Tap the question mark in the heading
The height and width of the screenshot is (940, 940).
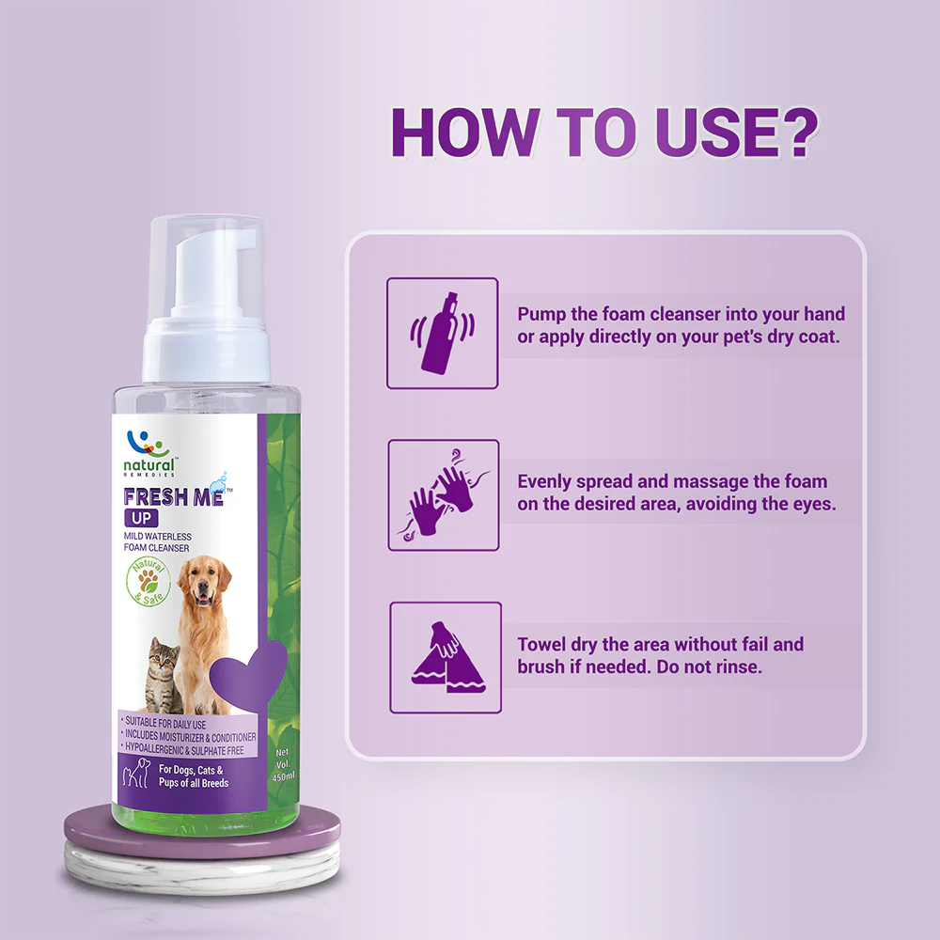click(x=795, y=133)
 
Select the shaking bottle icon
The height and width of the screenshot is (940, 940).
click(x=443, y=334)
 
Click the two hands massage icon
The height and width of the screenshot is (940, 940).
click(x=444, y=495)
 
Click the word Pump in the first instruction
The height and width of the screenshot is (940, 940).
click(x=541, y=315)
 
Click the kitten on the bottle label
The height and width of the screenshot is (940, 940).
click(x=162, y=674)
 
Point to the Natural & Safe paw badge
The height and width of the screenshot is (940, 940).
click(x=149, y=581)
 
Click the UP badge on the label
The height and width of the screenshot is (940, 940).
click(x=142, y=518)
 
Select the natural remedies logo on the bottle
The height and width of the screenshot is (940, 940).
click(x=149, y=454)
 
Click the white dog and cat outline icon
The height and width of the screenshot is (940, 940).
click(x=136, y=774)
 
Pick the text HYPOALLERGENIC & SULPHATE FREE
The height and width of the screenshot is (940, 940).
click(x=184, y=749)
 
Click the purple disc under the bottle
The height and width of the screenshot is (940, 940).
click(x=203, y=832)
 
